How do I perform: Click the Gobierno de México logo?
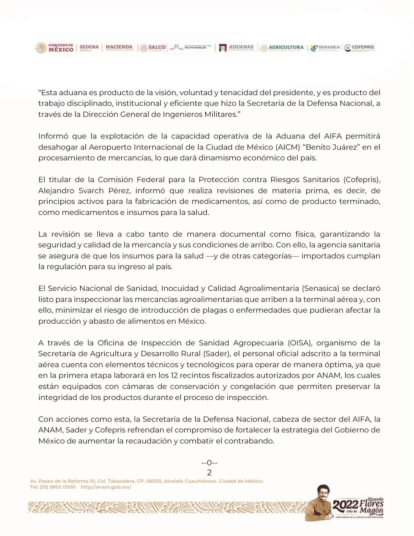[x=55, y=48]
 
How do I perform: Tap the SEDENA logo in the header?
[x=89, y=47]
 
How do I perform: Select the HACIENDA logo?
[x=119, y=47]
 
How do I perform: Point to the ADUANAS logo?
[x=236, y=47]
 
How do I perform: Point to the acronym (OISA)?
[x=300, y=343]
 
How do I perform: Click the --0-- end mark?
[x=209, y=463]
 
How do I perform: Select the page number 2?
[x=209, y=472]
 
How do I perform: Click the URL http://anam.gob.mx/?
[x=106, y=487]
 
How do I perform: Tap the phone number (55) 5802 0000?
[x=57, y=487]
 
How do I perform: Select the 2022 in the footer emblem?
[x=345, y=505]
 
